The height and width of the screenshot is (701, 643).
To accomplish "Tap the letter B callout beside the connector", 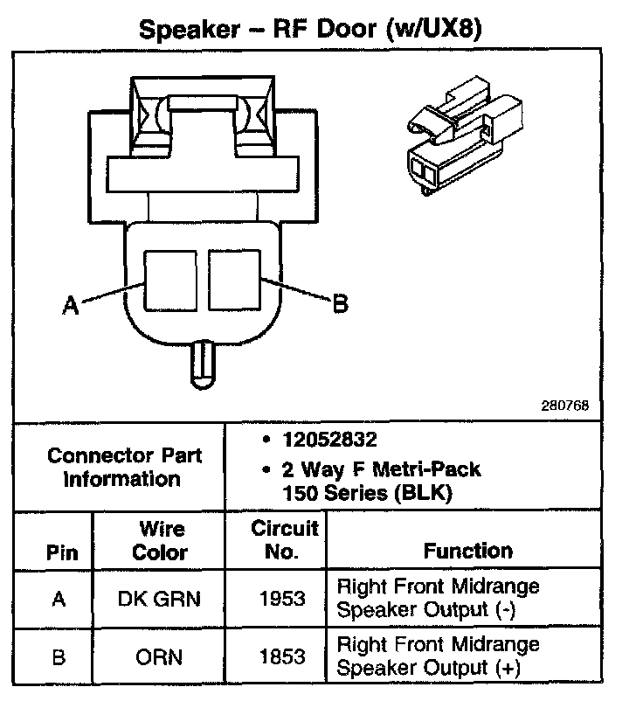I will pyautogui.click(x=340, y=303).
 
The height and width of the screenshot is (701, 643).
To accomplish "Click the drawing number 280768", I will pyautogui.click(x=564, y=406).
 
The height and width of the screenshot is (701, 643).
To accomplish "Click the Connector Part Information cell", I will pyautogui.click(x=124, y=467).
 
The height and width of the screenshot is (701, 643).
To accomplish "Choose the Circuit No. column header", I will pyautogui.click(x=284, y=539).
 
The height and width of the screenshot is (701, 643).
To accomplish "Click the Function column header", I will pyautogui.click(x=467, y=551).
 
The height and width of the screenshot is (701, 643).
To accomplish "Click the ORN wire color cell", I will pyautogui.click(x=158, y=657).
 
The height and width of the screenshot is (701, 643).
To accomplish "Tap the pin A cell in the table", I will pyautogui.click(x=59, y=599).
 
